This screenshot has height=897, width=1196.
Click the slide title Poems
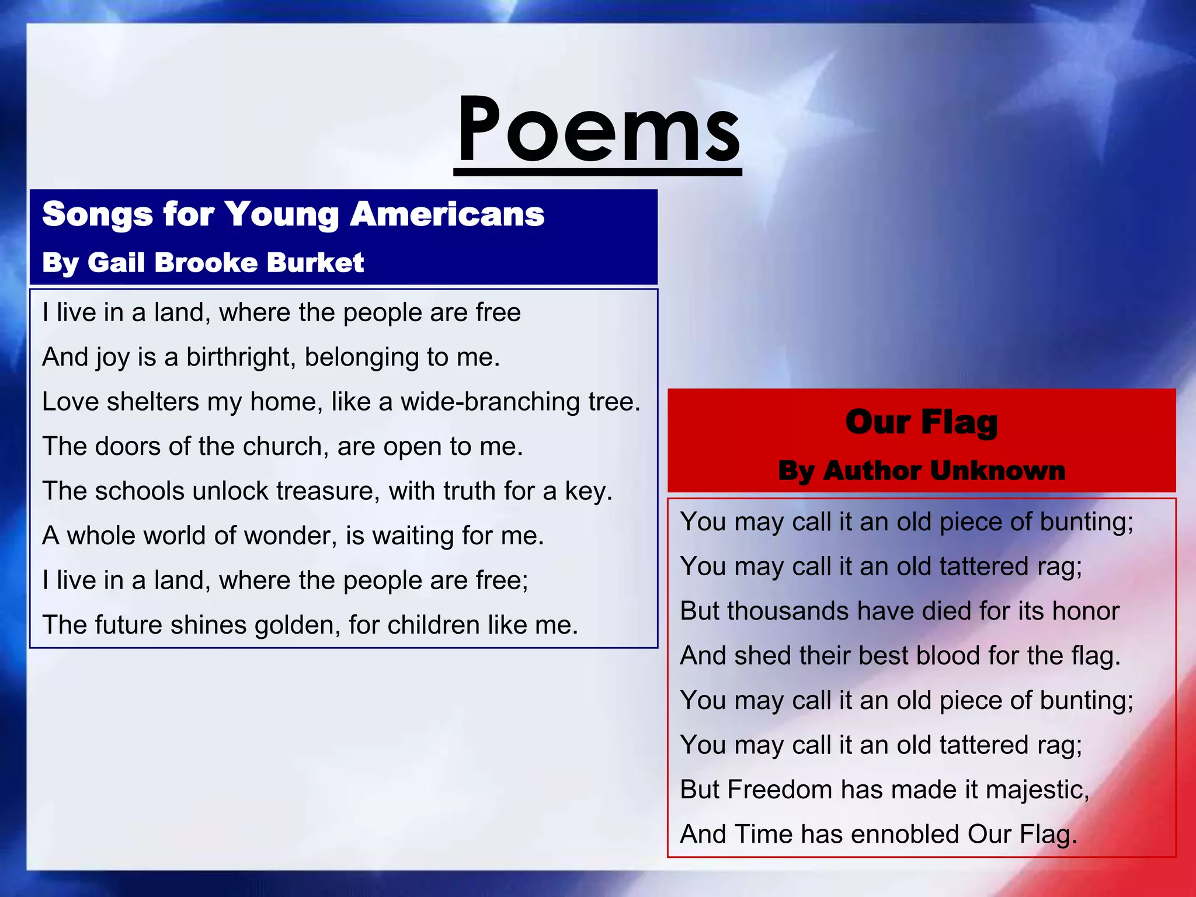[x=598, y=130]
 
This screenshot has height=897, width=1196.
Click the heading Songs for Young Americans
[x=293, y=214]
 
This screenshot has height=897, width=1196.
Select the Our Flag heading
[x=922, y=422]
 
